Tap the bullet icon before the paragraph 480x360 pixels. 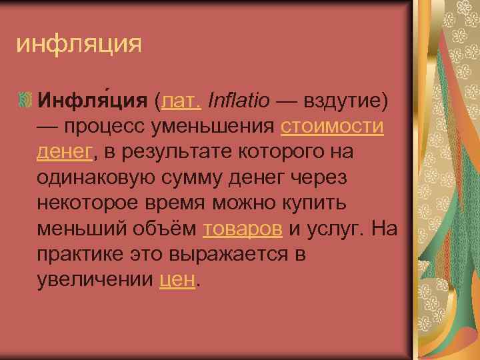click(x=25, y=100)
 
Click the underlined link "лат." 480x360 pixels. click(x=179, y=101)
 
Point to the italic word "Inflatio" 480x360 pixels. click(x=239, y=101)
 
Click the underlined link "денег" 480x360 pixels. click(x=64, y=152)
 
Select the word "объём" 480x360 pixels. click(x=165, y=229)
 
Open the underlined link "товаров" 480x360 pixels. click(x=243, y=229)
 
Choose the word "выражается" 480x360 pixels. click(x=231, y=255)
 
